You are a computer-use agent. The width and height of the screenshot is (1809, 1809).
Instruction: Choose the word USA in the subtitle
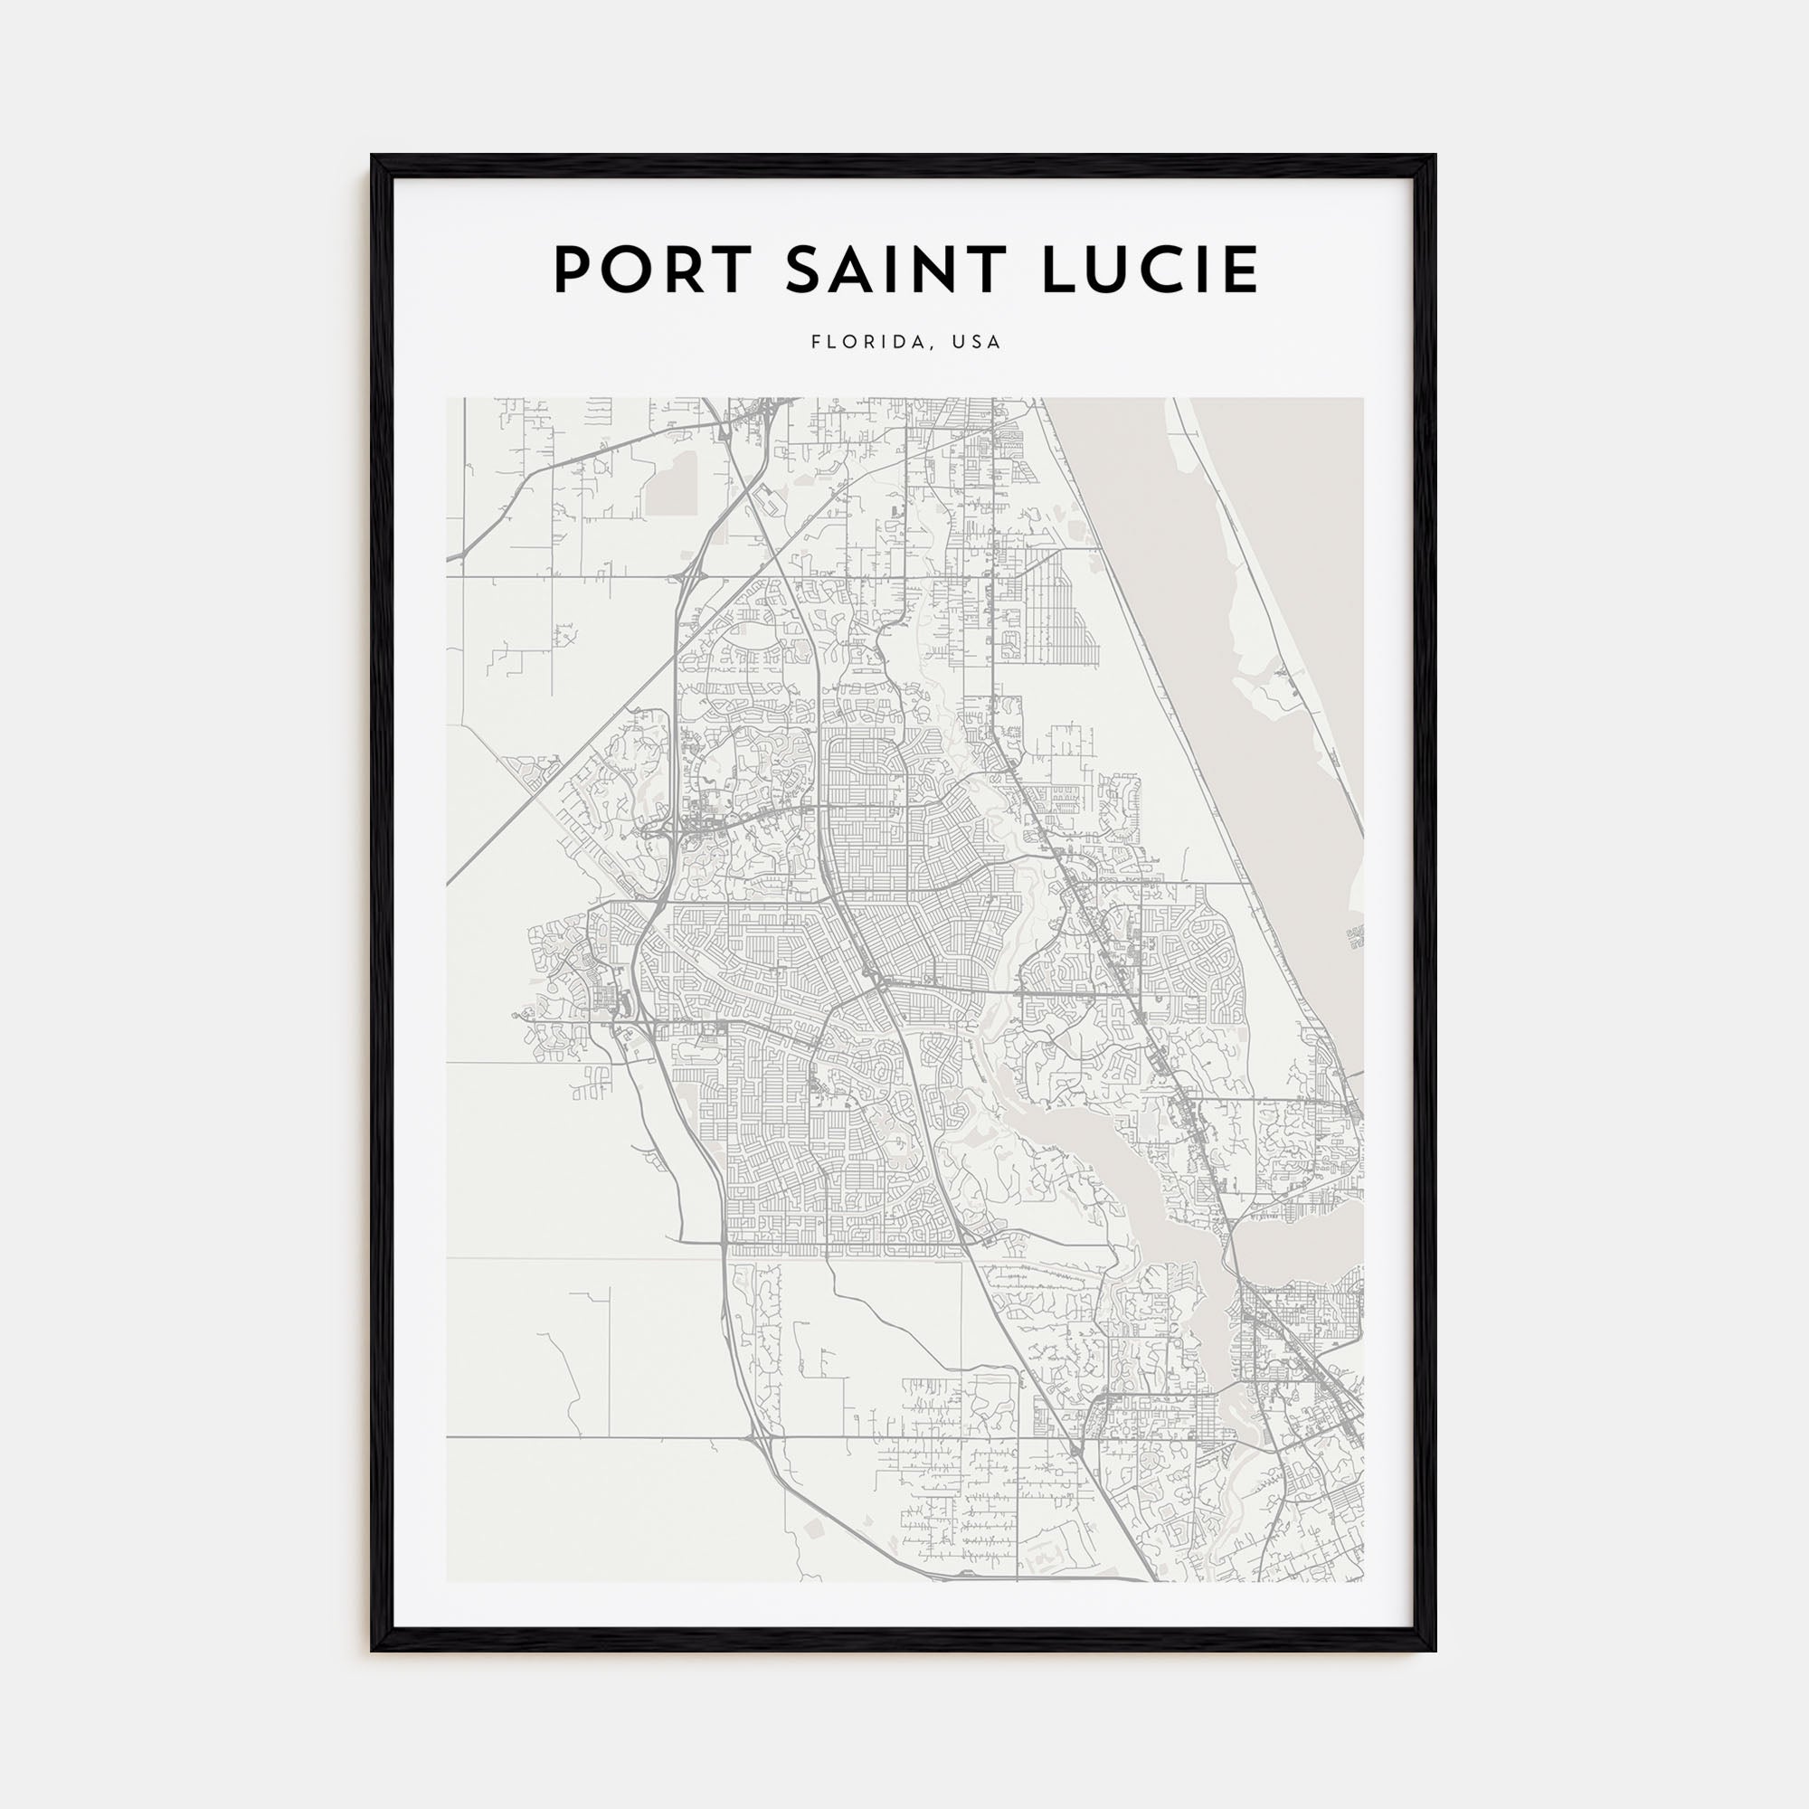point(977,343)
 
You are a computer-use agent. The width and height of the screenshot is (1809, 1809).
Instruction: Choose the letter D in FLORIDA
point(898,343)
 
